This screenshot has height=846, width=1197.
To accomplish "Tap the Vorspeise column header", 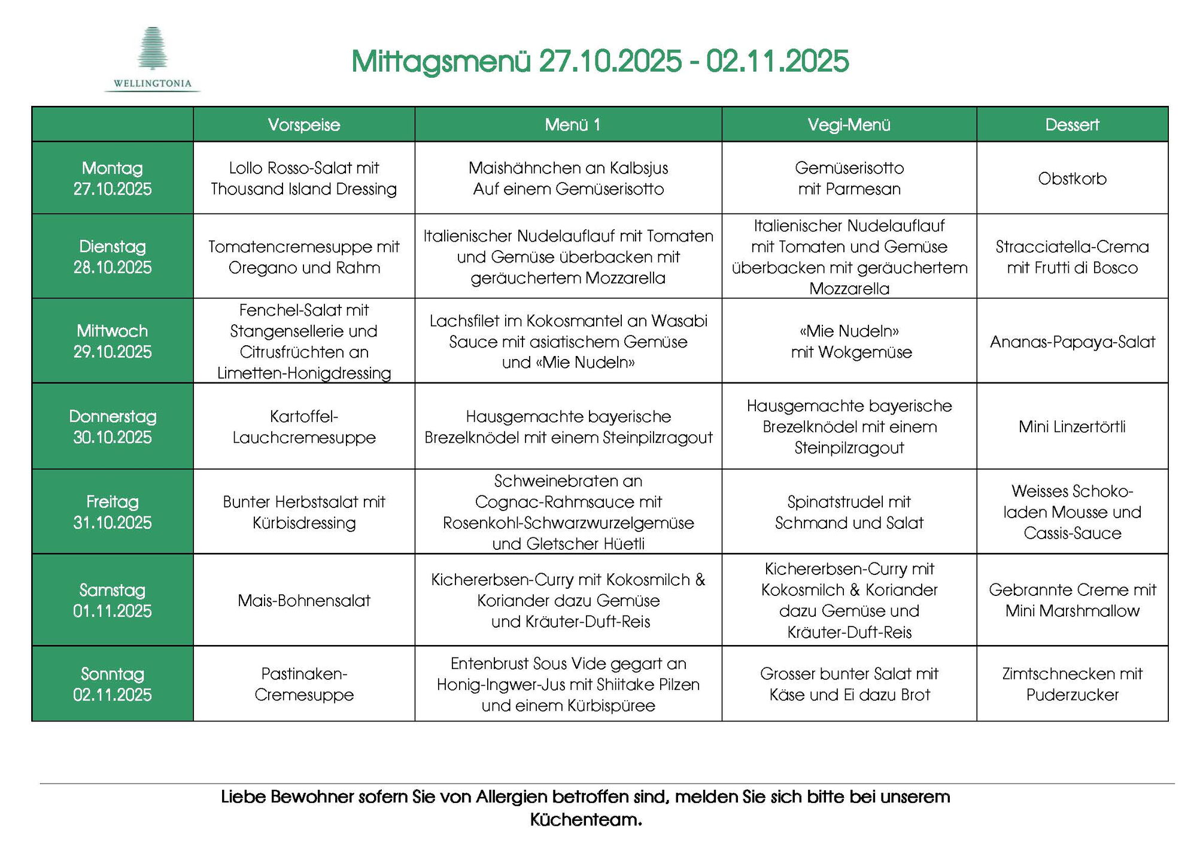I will coord(304,124).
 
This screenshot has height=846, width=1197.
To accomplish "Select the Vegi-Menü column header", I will coord(849,124).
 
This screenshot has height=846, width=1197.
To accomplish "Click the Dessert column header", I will coord(1072,124).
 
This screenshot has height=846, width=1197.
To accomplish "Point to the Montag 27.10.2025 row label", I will coord(113,178).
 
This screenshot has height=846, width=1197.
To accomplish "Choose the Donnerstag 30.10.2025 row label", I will coord(113,427).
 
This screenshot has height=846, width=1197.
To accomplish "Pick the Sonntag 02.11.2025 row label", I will coord(113,684).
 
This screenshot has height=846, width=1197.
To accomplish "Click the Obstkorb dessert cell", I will coord(1072,178).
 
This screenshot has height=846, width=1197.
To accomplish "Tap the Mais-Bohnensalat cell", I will coord(304,600).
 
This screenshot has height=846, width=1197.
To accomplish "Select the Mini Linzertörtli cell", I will coord(1072,427).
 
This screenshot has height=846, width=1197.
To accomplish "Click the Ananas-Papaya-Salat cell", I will coord(1072,342).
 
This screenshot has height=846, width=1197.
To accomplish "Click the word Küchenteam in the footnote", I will coord(585,819).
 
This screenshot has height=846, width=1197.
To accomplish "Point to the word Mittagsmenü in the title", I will coord(441,61).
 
